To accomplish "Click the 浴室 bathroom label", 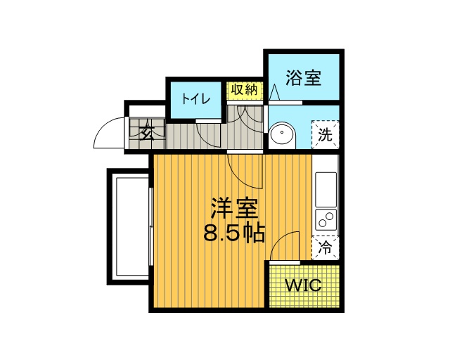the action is (x=303, y=77).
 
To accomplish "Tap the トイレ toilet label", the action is (x=196, y=99).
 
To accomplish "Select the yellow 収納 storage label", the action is (x=245, y=90).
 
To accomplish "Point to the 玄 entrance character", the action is (x=147, y=133).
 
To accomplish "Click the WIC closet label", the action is (x=303, y=285).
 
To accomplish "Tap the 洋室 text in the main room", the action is (x=234, y=208).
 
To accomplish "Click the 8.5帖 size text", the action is (x=234, y=233).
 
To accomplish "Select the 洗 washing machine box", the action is (x=326, y=134).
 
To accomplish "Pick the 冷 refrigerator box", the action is (x=326, y=247).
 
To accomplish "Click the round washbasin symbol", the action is (x=283, y=134).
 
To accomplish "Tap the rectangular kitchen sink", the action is (x=326, y=189).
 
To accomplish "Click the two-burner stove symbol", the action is (x=326, y=219).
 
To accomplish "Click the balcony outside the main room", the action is (x=129, y=227).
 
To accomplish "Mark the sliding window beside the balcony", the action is (x=151, y=227).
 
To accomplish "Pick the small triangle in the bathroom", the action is (x=274, y=92).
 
